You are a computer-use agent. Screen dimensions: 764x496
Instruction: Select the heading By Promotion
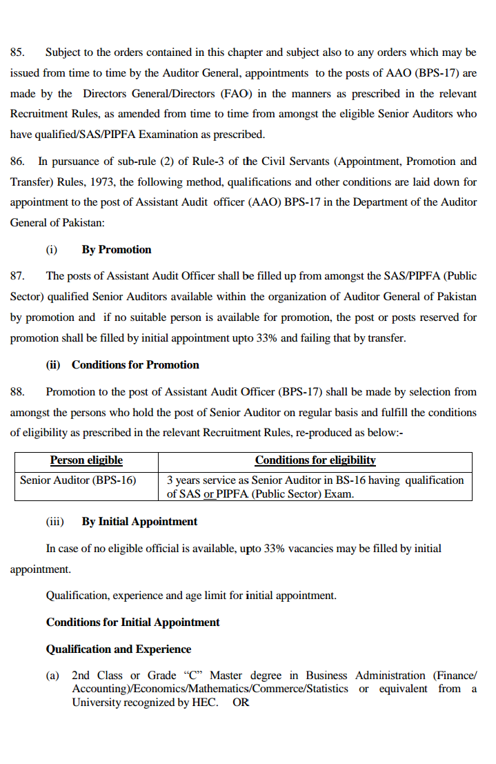click(116, 250)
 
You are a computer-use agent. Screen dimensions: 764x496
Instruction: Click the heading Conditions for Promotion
click(135, 365)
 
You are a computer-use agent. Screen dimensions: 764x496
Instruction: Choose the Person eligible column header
click(86, 460)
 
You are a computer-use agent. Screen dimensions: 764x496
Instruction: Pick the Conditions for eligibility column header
click(315, 460)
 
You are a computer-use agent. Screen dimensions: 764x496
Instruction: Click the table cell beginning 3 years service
click(315, 487)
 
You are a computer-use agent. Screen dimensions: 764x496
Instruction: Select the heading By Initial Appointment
click(139, 522)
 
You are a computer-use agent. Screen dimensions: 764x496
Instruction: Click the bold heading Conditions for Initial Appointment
click(132, 623)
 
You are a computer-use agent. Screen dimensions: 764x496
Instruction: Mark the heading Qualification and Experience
click(118, 649)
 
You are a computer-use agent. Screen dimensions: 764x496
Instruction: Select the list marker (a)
click(52, 676)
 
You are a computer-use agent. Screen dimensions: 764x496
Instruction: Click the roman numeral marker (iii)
click(54, 522)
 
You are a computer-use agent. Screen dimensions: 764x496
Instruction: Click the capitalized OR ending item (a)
click(241, 703)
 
